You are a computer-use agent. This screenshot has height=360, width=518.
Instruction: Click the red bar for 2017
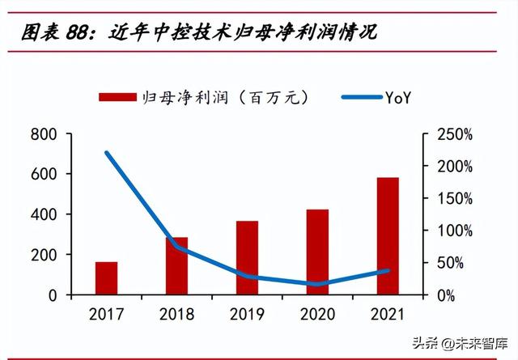coord(106,278)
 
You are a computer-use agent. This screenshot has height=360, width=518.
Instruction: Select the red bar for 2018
coord(176,266)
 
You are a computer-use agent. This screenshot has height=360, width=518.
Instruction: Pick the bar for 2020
coord(317,252)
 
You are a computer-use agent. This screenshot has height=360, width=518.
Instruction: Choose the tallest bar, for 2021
coord(388,236)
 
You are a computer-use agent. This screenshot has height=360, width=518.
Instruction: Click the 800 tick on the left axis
coord(45,133)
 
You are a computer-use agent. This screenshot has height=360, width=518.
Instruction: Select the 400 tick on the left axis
coord(45,214)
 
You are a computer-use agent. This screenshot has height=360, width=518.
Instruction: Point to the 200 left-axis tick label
coord(45,255)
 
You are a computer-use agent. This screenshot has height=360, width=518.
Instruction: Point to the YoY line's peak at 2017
coord(106,152)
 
